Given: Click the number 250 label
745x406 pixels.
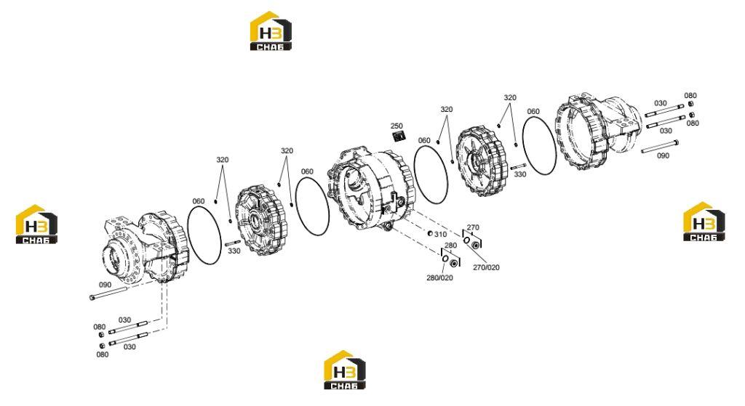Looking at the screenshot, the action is (x=397, y=126).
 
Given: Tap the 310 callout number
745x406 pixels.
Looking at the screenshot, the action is (x=440, y=235).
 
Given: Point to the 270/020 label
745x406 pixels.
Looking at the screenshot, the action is (x=486, y=267).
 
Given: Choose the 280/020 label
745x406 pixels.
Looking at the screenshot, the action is (x=439, y=278).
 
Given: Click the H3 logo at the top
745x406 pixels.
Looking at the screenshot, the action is (x=271, y=31).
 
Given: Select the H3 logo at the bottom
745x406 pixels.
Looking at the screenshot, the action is (x=344, y=370).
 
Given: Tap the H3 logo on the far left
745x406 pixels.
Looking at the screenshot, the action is (x=36, y=224).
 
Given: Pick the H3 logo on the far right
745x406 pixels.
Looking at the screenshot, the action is (x=704, y=222).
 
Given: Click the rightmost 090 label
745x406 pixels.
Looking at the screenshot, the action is (x=663, y=155).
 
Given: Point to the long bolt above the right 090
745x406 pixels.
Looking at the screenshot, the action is (x=659, y=147).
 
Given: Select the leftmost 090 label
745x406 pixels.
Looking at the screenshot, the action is (x=105, y=285).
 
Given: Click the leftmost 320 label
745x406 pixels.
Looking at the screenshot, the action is (x=223, y=160).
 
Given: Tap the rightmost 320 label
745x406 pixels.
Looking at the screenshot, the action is (x=510, y=98).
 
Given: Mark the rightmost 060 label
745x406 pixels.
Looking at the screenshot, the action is (x=533, y=111).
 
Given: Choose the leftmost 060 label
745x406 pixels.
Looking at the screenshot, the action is (x=198, y=201).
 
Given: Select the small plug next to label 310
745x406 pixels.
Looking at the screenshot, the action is (x=429, y=233).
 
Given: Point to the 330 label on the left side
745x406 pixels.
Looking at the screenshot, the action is (x=234, y=251).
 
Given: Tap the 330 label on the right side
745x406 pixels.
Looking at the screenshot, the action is (x=520, y=174).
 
